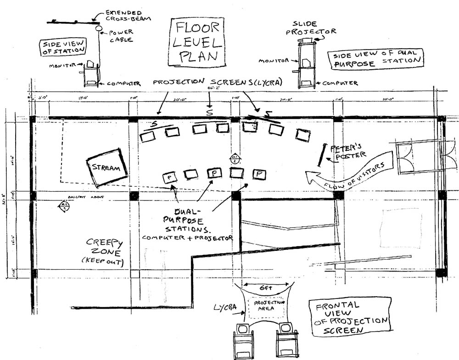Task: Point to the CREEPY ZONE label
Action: [105, 250]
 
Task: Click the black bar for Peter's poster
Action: [322, 155]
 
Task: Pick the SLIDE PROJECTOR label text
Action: [310, 28]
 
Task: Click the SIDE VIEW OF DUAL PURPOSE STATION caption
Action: [375, 58]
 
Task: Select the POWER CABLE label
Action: [120, 36]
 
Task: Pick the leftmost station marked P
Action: [170, 177]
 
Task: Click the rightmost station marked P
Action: [259, 174]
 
